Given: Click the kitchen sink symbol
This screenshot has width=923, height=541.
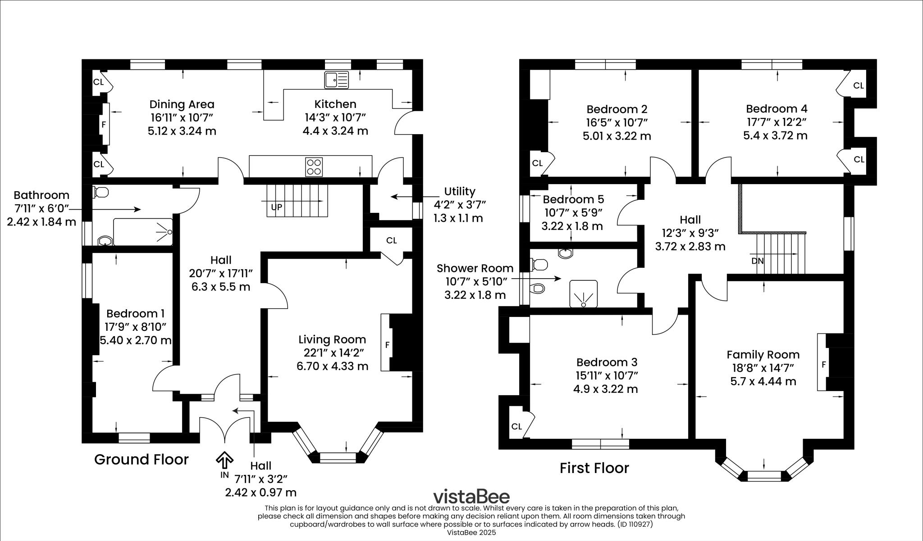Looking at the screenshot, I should [336, 80].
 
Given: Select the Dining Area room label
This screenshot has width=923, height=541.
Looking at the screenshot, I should [182, 104].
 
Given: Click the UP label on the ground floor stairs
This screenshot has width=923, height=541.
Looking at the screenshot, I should [276, 207].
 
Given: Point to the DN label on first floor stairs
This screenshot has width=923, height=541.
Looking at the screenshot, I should [758, 261].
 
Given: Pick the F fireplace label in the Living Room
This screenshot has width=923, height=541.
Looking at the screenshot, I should [387, 345].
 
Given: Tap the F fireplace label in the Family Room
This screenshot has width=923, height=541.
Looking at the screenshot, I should [823, 365].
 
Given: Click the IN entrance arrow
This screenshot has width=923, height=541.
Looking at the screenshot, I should [224, 461].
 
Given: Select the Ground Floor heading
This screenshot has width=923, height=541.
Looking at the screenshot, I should [141, 460].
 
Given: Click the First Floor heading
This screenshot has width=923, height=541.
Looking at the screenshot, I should [594, 468].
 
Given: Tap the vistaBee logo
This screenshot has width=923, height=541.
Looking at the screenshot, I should [471, 497].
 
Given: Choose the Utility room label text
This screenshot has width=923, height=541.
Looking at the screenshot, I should [459, 192].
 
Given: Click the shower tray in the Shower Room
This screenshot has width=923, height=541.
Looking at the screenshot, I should [583, 293].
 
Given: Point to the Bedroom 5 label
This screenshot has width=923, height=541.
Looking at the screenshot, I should [573, 199].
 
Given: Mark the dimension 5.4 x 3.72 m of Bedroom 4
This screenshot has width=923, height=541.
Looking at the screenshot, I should [775, 135].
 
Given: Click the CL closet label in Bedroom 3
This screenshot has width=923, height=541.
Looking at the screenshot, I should [516, 426].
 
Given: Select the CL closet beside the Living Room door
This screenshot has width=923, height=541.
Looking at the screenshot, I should [391, 240].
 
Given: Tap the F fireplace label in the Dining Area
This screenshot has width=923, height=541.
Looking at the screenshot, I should [104, 124].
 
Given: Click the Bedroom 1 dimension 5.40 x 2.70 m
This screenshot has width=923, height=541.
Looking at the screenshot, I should [135, 340].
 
